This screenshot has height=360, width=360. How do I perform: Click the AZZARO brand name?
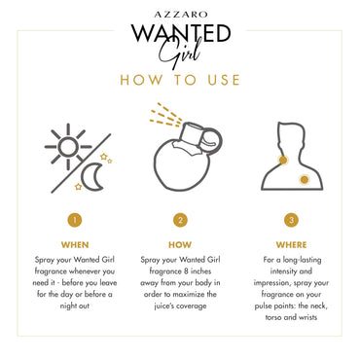(x=181, y=15)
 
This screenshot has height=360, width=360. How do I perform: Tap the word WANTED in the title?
(x=181, y=33)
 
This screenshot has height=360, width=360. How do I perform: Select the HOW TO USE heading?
(x=180, y=80)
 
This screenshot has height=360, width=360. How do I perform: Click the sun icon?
(x=68, y=147)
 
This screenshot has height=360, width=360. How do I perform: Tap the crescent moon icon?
(x=92, y=177)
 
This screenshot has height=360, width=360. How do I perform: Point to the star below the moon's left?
(x=78, y=187)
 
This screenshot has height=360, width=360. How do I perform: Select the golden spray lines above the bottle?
(x=165, y=114)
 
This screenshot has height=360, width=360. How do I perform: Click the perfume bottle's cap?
(x=193, y=133)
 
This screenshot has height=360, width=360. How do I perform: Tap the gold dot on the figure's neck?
(x=283, y=160)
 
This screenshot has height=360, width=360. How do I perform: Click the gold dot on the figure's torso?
(x=305, y=179)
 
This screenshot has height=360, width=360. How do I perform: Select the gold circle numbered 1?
(x=75, y=220)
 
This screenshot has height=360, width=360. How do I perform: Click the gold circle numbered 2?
(x=180, y=220)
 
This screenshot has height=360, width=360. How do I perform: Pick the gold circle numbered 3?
(x=291, y=220)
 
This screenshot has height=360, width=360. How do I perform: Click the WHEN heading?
(x=75, y=245)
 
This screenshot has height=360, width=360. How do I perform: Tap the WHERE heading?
(x=291, y=245)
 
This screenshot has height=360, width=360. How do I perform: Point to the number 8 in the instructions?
(x=186, y=270)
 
